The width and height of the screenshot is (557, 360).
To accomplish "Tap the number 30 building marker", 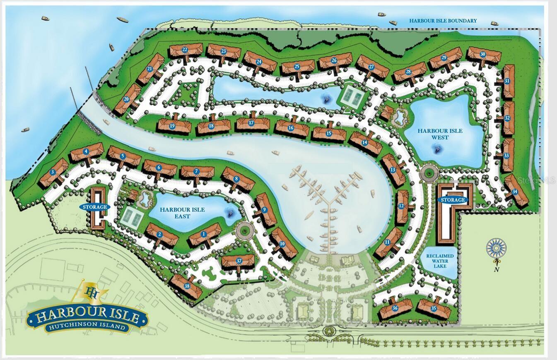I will (482, 54).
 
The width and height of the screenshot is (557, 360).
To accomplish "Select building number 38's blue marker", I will (187, 286).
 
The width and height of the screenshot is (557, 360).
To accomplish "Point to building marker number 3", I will (53, 172).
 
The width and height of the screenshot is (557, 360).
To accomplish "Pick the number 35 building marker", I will (434, 308).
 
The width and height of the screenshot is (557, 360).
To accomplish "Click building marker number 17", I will (251, 122).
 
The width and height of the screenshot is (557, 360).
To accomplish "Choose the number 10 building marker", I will (282, 244).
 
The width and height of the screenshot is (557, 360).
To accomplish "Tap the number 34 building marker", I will (515, 192).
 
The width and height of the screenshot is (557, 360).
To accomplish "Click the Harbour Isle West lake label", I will (440, 134).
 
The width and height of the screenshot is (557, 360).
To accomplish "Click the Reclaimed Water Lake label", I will (439, 261).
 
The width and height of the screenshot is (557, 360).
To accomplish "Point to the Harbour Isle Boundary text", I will (443, 20).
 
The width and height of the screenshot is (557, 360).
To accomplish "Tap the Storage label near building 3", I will (94, 207).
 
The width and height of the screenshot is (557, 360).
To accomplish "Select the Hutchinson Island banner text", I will (87, 327).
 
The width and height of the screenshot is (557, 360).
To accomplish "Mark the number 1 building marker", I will (203, 234).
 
